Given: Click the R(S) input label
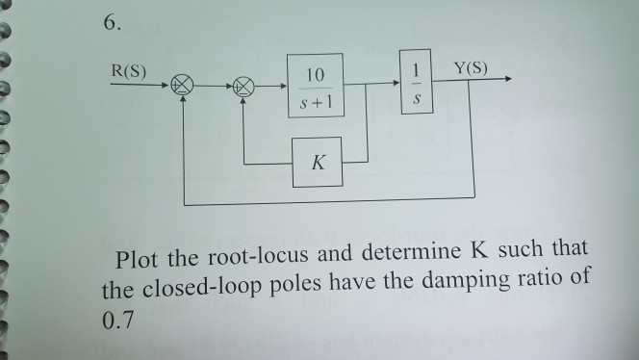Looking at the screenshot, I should tap(130, 70).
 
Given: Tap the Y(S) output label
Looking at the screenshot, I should tap(472, 68).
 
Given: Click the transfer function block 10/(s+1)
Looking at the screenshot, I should tap(314, 88).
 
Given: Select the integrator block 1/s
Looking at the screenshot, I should tap(416, 85).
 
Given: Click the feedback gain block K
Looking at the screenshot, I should tap(319, 162).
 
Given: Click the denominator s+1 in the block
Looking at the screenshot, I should tap(314, 100).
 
